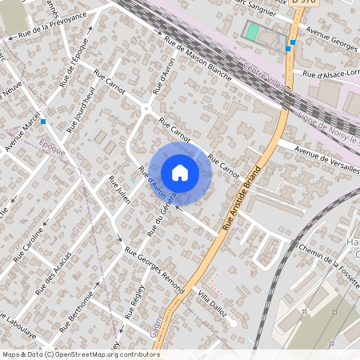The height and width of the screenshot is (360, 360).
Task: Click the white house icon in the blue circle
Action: click(x=180, y=172)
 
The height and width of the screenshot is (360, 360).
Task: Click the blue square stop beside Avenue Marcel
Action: click(x=43, y=122)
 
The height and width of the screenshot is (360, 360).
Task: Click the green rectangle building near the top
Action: click(x=253, y=33)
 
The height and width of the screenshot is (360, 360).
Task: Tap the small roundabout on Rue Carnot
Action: click(x=146, y=110)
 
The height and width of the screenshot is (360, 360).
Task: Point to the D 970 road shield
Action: click(x=306, y=3)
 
